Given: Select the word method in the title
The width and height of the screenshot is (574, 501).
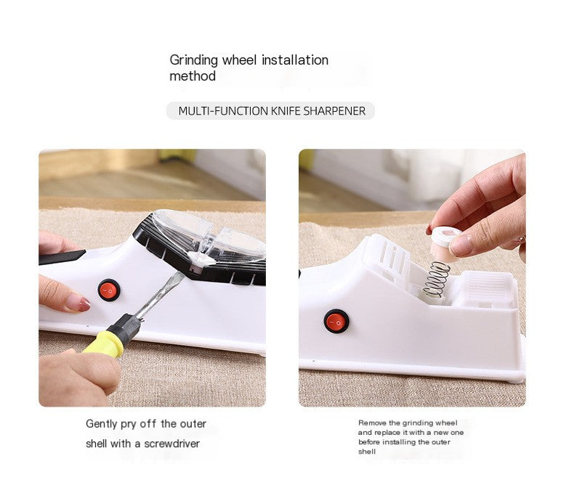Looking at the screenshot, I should (193, 76).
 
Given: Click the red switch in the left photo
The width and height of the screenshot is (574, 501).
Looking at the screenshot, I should (109, 290).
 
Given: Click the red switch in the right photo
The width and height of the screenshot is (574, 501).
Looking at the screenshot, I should (336, 321).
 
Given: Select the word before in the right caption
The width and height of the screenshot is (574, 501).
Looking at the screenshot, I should (371, 442).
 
